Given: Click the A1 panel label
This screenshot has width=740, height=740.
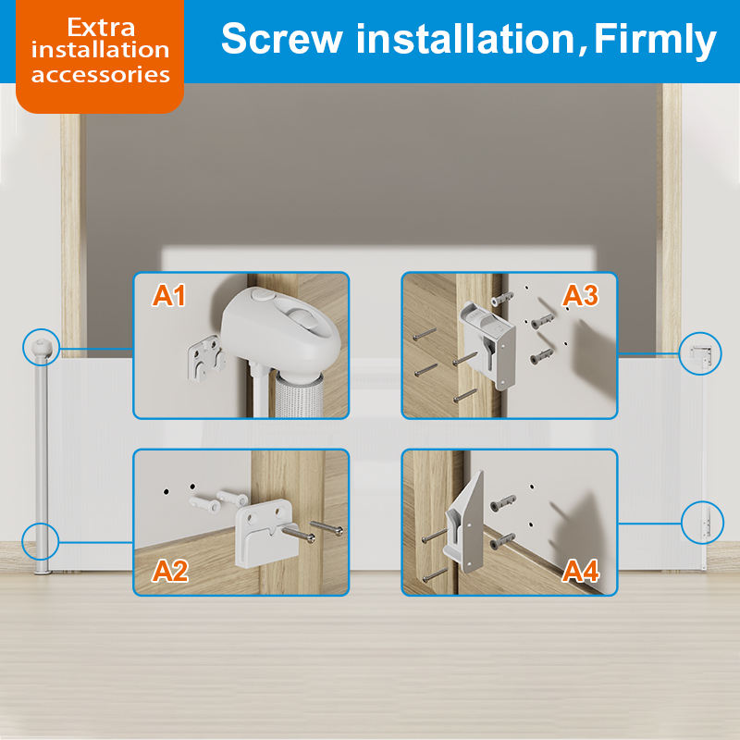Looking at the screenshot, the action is [168, 296].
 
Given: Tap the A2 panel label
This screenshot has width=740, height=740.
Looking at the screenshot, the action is [170, 571].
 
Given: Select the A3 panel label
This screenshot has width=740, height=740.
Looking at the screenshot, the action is [581, 296].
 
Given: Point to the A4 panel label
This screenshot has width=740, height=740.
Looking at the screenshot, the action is [581, 571].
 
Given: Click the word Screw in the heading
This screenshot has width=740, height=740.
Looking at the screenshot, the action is [282, 38].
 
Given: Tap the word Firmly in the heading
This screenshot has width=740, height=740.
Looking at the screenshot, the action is [655, 41].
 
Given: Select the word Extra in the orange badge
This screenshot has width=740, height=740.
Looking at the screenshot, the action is [101, 27].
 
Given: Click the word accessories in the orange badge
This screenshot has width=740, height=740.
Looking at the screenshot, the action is [101, 75].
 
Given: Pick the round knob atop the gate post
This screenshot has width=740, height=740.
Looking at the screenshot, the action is [41, 348].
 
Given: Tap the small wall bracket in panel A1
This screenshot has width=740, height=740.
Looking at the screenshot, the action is [205, 357].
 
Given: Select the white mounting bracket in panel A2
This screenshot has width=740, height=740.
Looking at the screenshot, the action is [266, 533].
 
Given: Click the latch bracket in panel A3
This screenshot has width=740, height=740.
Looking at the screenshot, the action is [488, 345].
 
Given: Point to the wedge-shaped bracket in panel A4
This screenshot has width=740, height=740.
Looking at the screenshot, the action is [464, 523].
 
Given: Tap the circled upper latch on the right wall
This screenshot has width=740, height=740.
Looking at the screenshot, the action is [700, 353].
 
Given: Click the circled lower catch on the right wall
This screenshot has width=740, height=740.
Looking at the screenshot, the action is [702, 523].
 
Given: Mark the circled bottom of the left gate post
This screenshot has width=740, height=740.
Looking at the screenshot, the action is [40, 542].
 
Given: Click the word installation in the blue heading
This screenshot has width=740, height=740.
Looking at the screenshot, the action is [465, 38].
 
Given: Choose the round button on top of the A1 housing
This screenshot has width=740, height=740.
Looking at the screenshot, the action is [264, 295].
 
